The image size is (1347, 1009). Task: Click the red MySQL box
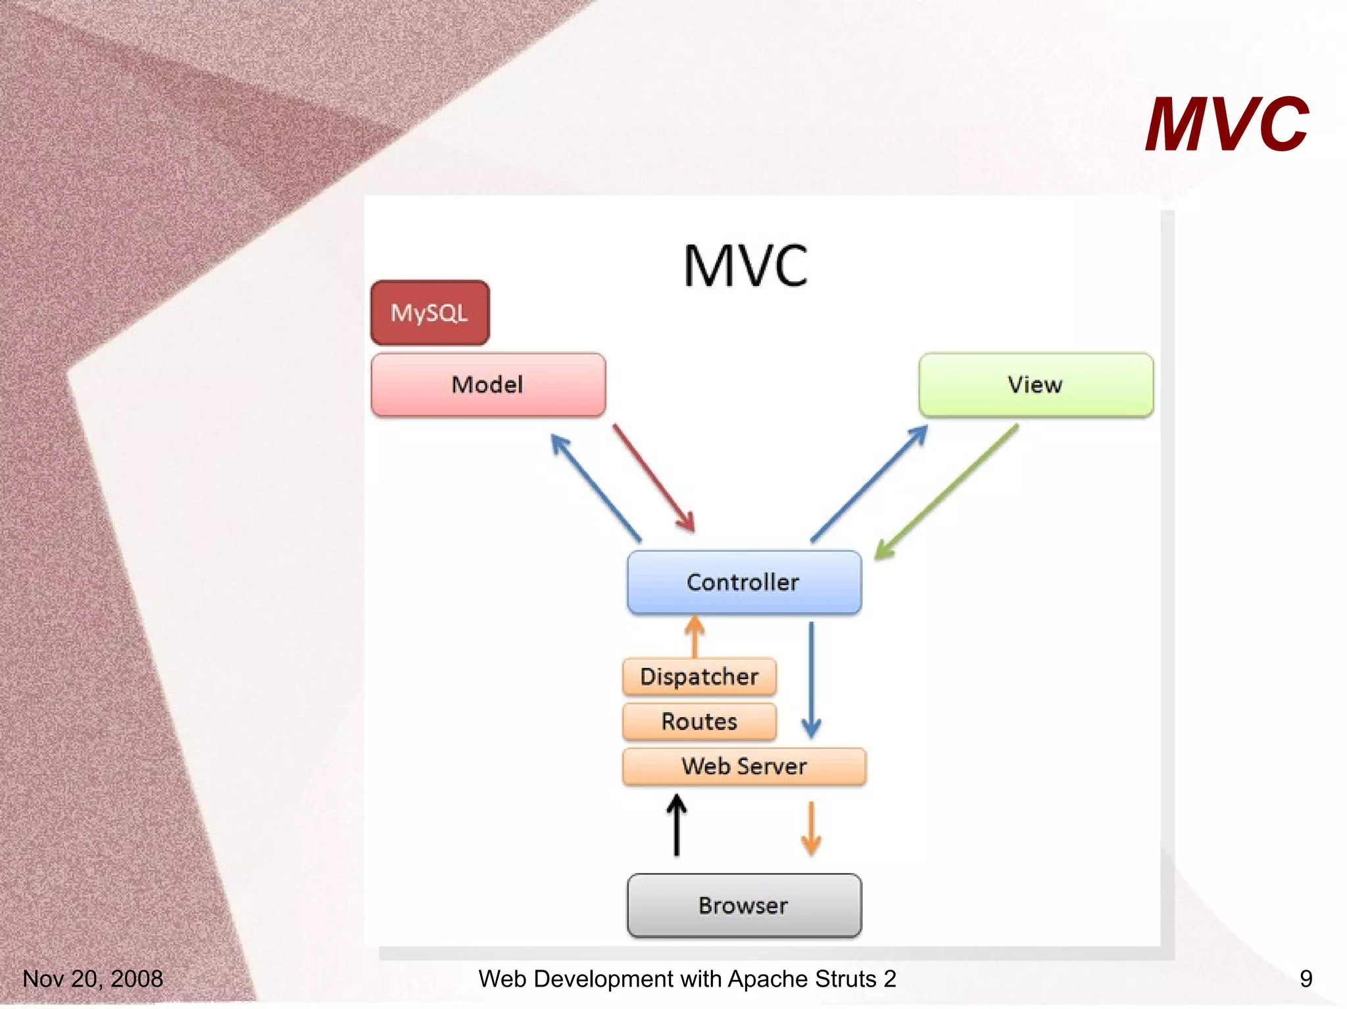coord(429,313)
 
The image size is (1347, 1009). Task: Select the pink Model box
coord(488,385)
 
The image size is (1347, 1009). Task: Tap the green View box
coord(1036,385)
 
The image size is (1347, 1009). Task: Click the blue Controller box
coord(744,582)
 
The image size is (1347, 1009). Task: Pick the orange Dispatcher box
coord(699,676)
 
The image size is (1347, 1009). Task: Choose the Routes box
coord(699,721)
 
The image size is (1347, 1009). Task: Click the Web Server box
coord(744,766)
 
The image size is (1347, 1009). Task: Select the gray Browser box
coord(744,905)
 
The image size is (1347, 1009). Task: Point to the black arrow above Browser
coord(677,826)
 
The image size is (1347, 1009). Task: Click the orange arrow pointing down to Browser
coord(811,828)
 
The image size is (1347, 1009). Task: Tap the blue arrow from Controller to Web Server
coord(811,680)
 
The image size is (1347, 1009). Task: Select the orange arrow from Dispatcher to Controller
coord(695,636)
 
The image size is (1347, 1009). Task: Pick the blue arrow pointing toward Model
coord(595,487)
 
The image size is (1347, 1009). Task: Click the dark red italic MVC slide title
coord(1226,124)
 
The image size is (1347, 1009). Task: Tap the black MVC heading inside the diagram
coord(745,266)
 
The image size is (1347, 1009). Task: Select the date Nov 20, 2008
coord(93,979)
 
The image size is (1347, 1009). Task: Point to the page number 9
coord(1306,979)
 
